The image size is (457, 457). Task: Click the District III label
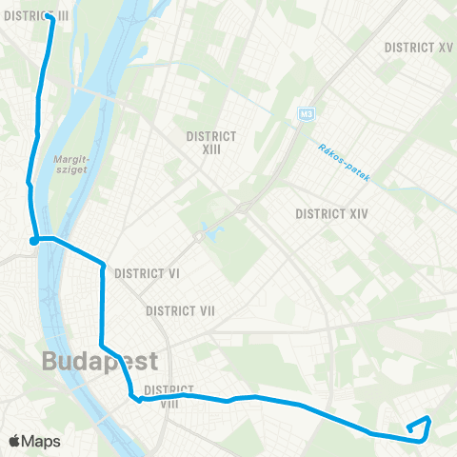click(x=37, y=16)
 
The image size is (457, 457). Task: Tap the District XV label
click(x=418, y=47)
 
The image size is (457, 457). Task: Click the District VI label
click(x=148, y=273)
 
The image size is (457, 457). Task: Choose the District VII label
click(x=180, y=311)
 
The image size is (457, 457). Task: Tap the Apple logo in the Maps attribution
click(x=15, y=441)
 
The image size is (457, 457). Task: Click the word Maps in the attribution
click(x=42, y=441)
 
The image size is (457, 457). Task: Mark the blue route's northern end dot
click(x=49, y=15)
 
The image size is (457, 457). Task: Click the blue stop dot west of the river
click(x=33, y=241)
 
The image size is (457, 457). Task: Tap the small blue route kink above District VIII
click(x=139, y=400)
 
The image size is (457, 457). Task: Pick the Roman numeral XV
click(x=445, y=47)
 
